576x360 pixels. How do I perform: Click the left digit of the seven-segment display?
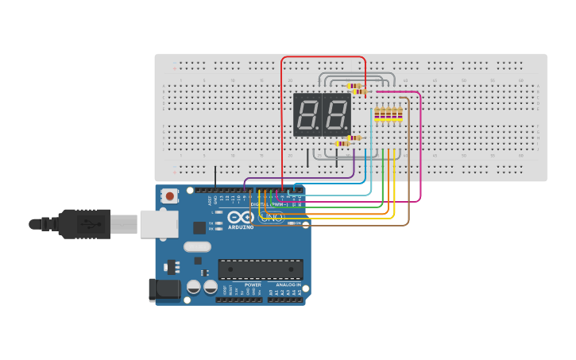(x=307, y=114)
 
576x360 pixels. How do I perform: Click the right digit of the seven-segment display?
(x=335, y=114)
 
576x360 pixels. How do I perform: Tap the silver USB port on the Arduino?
(x=159, y=224)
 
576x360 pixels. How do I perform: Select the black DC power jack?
(x=164, y=289)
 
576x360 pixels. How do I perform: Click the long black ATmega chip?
(x=261, y=269)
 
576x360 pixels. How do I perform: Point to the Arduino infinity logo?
(x=240, y=217)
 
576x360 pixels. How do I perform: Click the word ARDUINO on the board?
(x=241, y=227)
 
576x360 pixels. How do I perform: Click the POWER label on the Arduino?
(x=253, y=285)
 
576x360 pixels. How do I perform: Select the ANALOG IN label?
(x=288, y=285)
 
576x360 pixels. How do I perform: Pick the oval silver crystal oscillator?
(x=198, y=247)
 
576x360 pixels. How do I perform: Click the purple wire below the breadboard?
(x=302, y=178)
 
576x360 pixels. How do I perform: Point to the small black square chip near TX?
(x=199, y=227)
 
